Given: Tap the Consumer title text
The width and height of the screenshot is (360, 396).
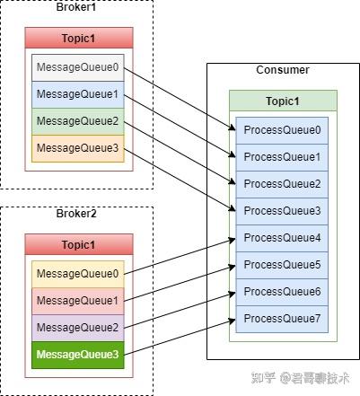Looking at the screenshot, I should [282, 70].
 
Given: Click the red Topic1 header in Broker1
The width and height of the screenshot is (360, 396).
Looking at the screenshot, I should [79, 38].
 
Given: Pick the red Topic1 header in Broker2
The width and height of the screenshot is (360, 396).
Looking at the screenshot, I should [79, 245].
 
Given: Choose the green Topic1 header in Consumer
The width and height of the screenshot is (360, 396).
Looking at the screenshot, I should [283, 101].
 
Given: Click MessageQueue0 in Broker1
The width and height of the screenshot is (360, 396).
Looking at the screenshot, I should [77, 68].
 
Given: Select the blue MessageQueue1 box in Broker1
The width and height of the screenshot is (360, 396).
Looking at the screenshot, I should [77, 95].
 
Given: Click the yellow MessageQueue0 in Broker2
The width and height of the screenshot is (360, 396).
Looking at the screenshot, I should [77, 274].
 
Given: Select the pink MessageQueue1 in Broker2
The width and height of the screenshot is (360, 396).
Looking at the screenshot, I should [77, 301].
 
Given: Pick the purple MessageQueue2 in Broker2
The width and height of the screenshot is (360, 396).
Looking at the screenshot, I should [77, 328].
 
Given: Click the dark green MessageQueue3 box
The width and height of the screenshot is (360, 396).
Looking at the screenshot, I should [77, 355].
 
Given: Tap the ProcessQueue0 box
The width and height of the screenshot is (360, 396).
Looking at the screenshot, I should [282, 130].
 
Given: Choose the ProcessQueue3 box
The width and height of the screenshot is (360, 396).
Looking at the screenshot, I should [282, 211].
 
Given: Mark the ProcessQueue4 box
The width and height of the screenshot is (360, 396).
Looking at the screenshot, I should [282, 238].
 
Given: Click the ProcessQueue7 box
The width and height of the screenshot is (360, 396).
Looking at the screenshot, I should [282, 319].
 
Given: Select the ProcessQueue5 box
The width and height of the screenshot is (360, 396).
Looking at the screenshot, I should [282, 265].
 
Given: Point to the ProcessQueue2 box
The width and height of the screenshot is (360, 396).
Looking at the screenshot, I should [282, 184].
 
